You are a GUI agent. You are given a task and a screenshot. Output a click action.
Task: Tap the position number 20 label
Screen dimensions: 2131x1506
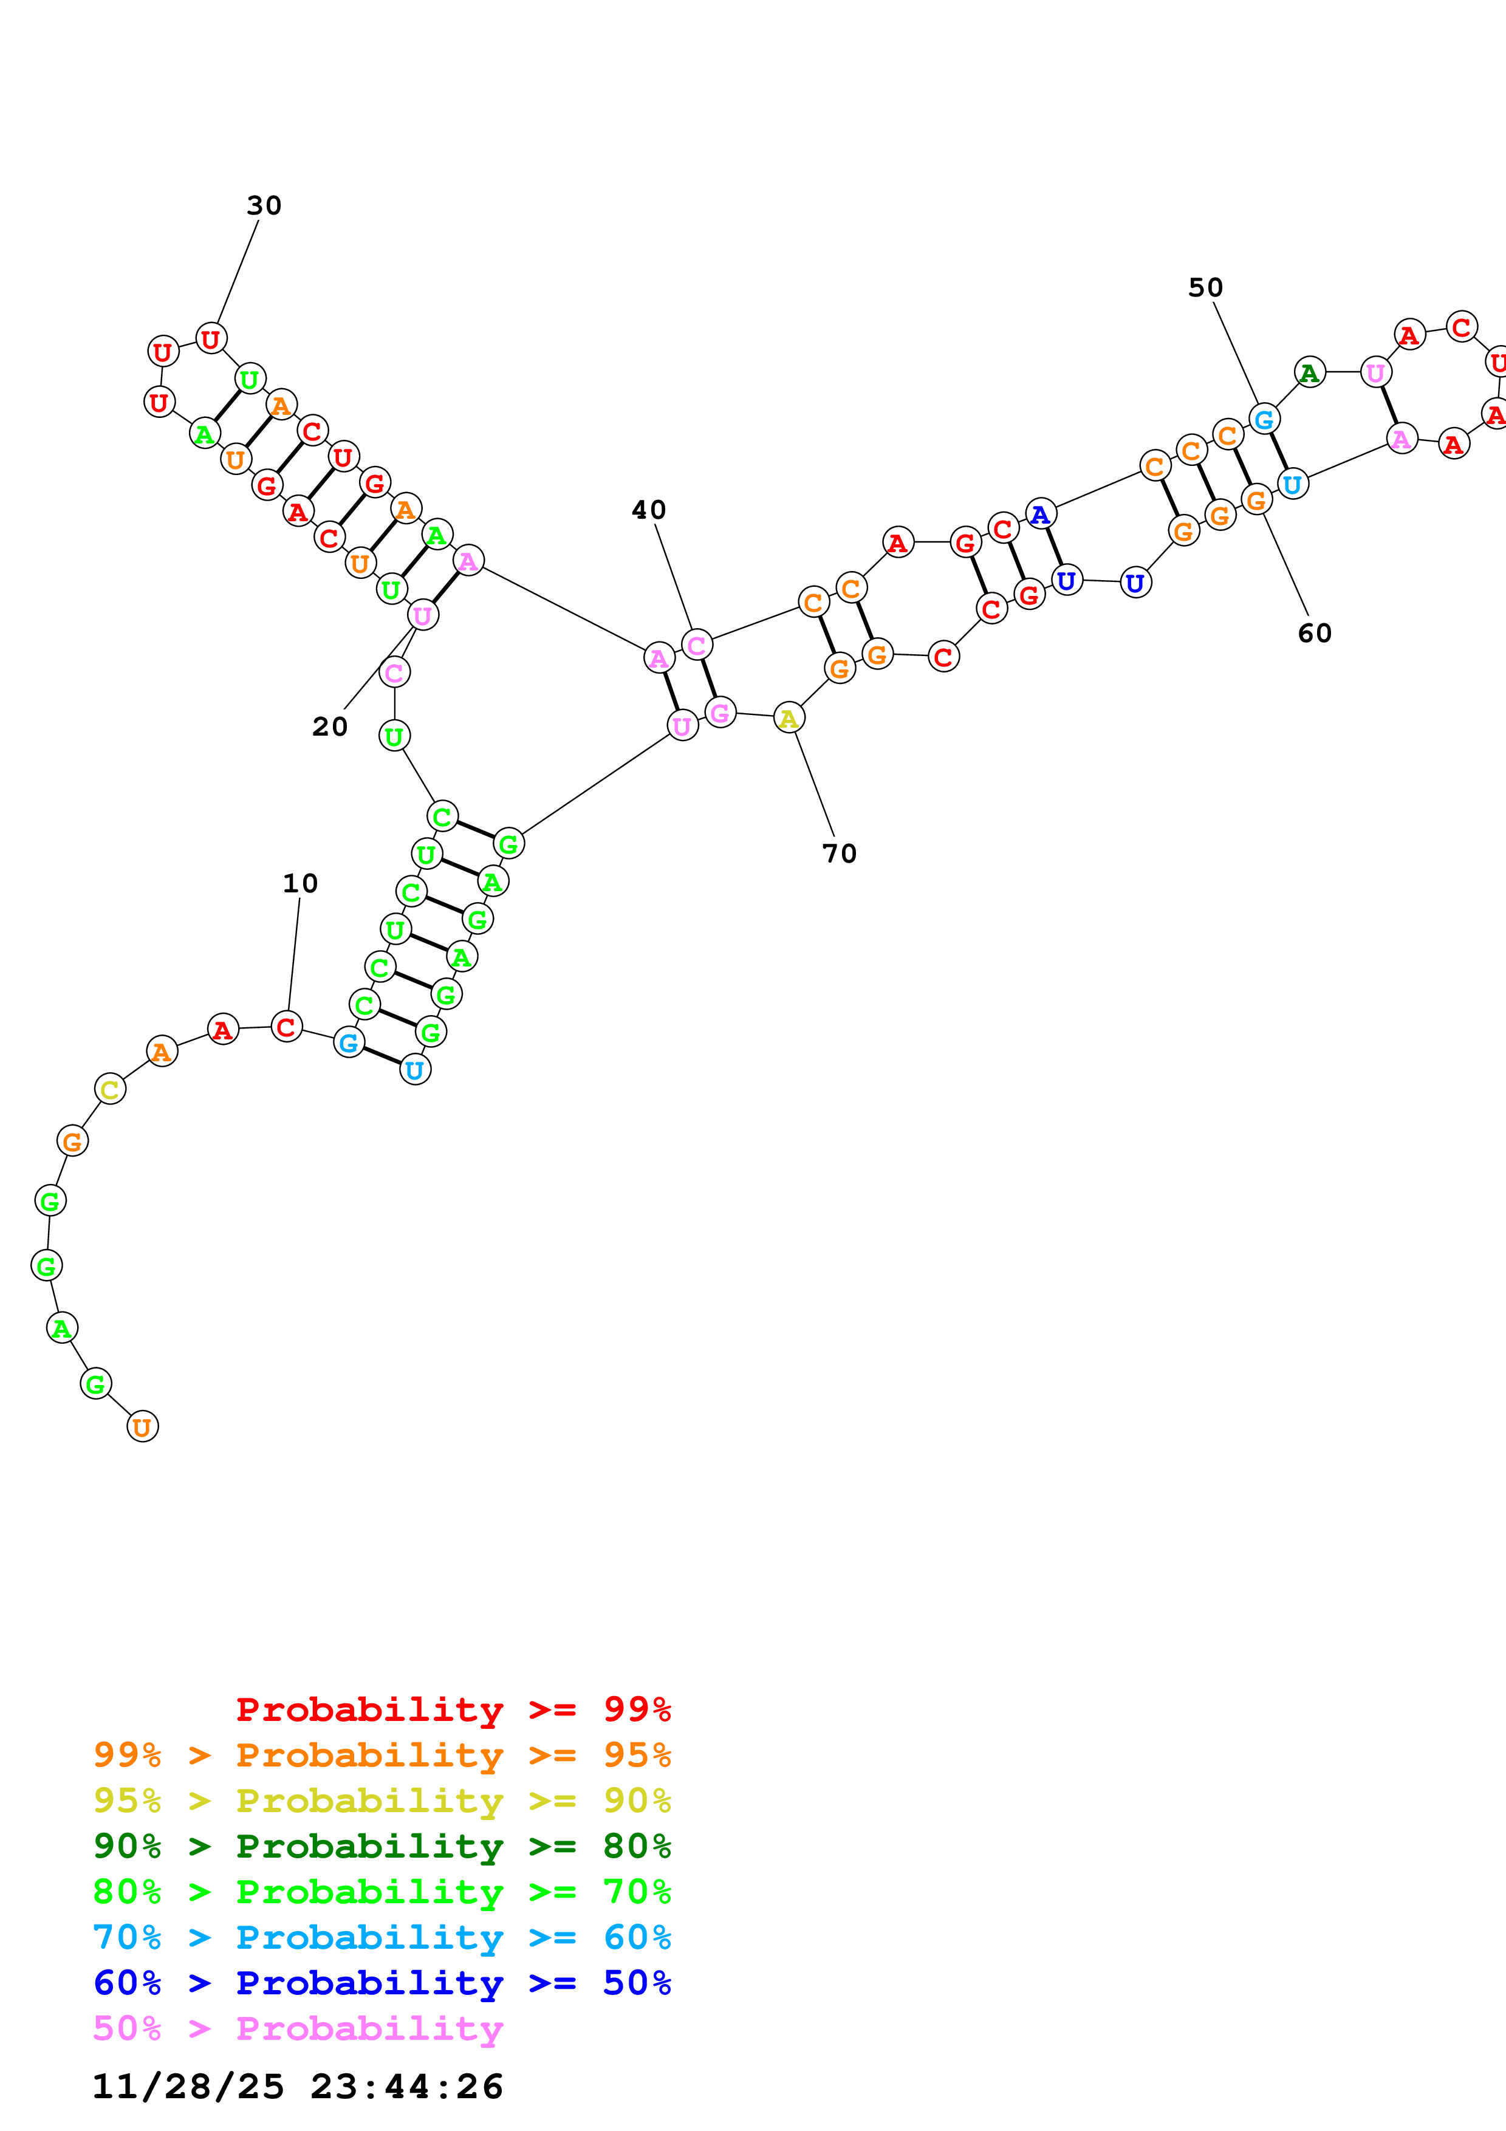pyautogui.click(x=329, y=726)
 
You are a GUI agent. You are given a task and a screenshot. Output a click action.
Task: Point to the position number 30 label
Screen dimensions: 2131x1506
pyautogui.click(x=264, y=205)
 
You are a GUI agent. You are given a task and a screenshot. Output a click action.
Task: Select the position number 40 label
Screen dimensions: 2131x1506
pyautogui.click(x=649, y=510)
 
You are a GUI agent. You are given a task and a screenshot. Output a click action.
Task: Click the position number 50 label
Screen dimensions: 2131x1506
pyautogui.click(x=1205, y=288)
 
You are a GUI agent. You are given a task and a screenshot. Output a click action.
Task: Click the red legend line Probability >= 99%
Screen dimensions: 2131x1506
pyautogui.click(x=453, y=1709)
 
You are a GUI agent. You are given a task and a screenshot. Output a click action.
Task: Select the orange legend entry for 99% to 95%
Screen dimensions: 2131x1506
pyautogui.click(x=382, y=1755)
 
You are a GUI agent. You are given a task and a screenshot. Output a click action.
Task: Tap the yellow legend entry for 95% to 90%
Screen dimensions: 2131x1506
pyautogui.click(x=382, y=1801)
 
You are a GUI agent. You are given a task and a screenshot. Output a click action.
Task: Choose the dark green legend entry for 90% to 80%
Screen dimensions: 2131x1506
pyautogui.click(x=382, y=1846)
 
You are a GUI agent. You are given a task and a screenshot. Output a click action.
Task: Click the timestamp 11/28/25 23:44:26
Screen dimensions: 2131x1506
pyautogui.click(x=297, y=2087)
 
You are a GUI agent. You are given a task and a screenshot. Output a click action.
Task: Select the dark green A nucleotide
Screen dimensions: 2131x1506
pyautogui.click(x=1309, y=372)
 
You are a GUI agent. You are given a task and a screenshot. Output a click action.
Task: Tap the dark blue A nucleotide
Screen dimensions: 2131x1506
pyautogui.click(x=1040, y=513)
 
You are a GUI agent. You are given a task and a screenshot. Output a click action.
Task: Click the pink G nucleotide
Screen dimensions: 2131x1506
pyautogui.click(x=720, y=713)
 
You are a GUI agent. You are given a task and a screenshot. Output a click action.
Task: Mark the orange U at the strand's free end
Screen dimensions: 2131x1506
pyautogui.click(x=142, y=1426)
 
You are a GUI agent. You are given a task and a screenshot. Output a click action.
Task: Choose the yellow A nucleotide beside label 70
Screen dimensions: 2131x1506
pyautogui.click(x=789, y=717)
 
